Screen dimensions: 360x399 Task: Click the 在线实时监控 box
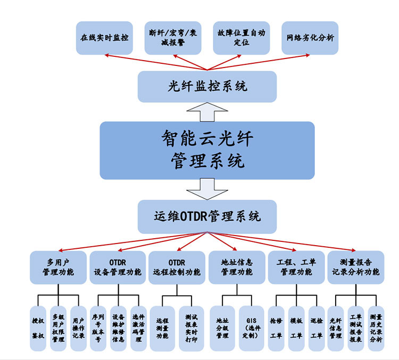tap(104, 38)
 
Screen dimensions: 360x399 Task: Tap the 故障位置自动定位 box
tap(241, 38)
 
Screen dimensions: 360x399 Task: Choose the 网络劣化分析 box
tap(310, 38)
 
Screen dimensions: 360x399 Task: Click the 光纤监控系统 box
tap(207, 86)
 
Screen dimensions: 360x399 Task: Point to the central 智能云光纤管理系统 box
tap(207, 150)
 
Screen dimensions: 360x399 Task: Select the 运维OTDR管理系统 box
tap(207, 217)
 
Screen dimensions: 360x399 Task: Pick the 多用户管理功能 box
tap(59, 267)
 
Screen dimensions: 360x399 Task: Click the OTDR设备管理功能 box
tap(118, 267)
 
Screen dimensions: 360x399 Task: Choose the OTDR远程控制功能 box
tap(177, 267)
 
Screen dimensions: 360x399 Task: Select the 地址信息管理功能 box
tap(237, 267)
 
